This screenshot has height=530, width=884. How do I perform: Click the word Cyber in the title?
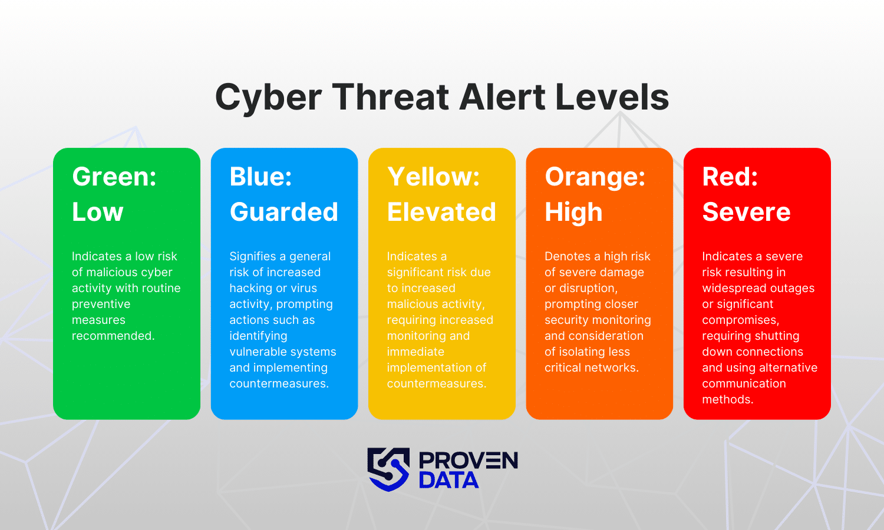coord(268,98)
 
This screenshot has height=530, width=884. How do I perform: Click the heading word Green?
coord(114,177)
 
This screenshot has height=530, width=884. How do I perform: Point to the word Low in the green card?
coord(97,212)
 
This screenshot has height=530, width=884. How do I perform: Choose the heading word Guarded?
coord(283,212)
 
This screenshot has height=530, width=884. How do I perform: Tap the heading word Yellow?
coord(433,177)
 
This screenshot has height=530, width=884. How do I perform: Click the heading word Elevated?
coord(441,212)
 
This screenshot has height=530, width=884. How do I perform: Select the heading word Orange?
coord(595,177)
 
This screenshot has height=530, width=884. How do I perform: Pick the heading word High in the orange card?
coord(573,212)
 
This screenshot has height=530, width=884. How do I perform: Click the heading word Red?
coord(730,177)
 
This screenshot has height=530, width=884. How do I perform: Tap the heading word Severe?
coord(746,212)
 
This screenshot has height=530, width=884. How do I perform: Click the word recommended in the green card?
coord(113,336)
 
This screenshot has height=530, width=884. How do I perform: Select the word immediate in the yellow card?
coord(415,352)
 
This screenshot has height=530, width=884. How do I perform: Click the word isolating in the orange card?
coord(587,352)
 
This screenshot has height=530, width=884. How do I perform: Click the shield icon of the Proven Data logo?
coord(388,469)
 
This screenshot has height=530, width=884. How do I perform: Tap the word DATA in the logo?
coord(448,481)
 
